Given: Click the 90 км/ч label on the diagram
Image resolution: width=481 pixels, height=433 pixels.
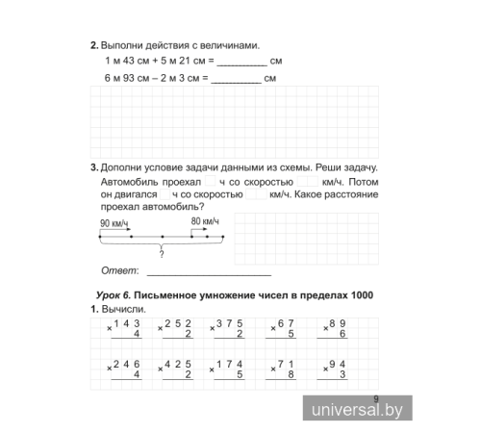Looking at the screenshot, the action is (x=114, y=223).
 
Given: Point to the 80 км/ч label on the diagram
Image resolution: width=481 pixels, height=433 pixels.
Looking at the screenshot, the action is (x=206, y=220).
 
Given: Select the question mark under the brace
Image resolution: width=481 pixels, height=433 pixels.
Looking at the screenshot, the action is (x=161, y=256).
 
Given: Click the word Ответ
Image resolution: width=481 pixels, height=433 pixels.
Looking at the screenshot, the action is (x=118, y=270).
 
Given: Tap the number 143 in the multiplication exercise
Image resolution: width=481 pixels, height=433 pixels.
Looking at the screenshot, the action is (x=127, y=322).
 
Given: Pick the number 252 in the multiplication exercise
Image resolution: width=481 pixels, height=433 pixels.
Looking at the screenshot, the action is (x=180, y=322).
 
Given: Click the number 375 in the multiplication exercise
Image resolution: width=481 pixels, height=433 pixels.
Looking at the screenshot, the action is (x=231, y=322).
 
